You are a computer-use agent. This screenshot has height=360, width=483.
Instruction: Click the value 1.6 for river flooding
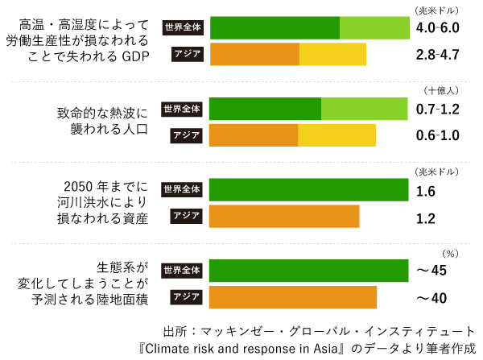coord(426,191)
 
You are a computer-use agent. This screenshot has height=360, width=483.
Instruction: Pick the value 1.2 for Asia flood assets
coord(426,217)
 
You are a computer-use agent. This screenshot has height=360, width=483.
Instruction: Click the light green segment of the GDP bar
coord(374,27)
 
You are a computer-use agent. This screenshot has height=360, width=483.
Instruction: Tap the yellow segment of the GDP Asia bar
coord(332,55)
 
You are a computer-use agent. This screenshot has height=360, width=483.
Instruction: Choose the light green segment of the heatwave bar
coord(364,109)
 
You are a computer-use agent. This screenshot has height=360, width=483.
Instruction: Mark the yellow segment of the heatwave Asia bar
coord(336,134)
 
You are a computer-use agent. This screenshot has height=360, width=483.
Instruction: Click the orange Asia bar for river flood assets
coord(283,217)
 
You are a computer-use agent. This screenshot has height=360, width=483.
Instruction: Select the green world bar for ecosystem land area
coord(308,270)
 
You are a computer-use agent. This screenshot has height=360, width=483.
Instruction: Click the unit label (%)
coord(451,253)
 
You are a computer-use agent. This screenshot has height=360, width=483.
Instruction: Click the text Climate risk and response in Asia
coord(241,349)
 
